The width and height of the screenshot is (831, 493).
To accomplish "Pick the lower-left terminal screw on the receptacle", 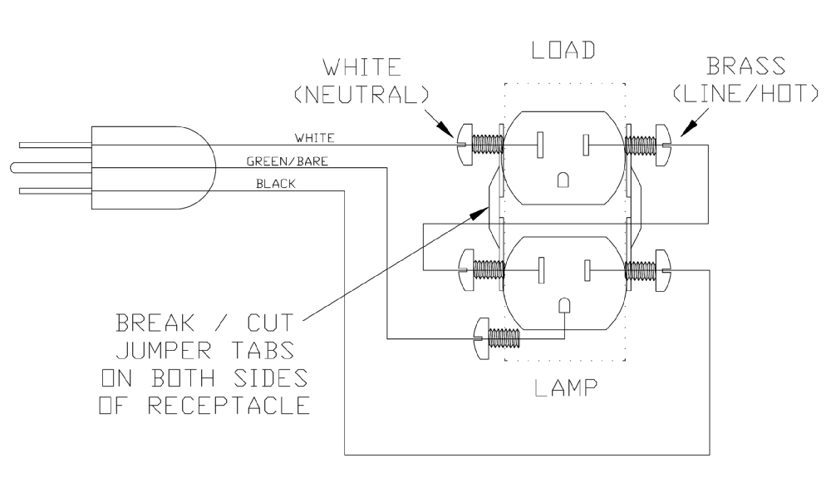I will [x=464, y=268].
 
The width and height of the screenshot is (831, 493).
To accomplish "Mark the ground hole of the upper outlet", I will [x=563, y=180].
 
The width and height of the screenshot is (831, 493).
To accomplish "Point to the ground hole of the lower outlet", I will [x=563, y=306].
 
